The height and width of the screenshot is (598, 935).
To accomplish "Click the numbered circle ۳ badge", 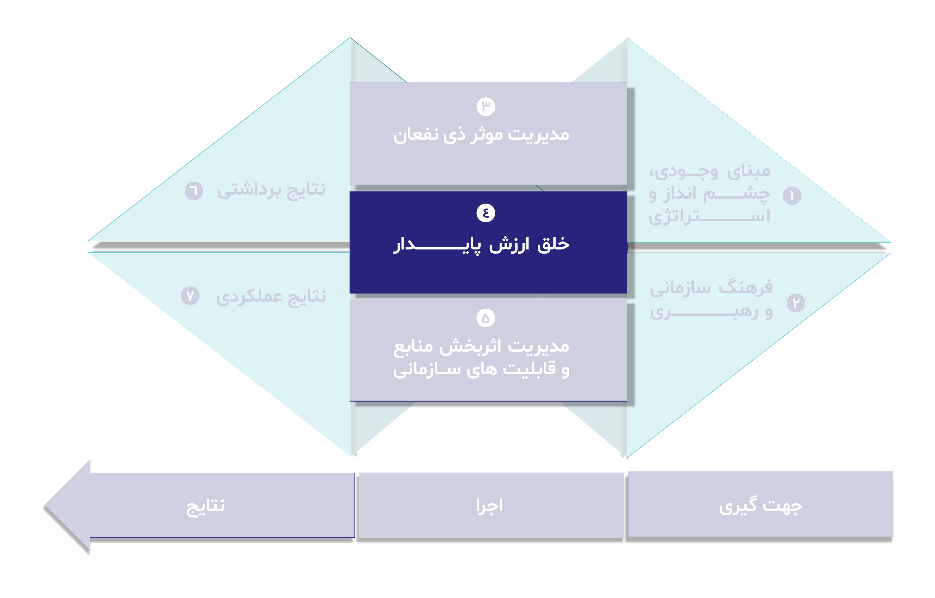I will [485, 107].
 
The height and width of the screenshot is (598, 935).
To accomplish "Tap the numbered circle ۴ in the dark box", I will [485, 213].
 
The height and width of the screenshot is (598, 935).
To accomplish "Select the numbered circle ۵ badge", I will [485, 318].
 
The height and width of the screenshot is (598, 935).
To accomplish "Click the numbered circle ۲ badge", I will [796, 303].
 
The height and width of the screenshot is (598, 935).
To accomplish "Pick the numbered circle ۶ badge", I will [194, 191].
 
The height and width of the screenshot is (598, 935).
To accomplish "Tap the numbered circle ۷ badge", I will [190, 296].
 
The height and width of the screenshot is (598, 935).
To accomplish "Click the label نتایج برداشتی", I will [271, 190].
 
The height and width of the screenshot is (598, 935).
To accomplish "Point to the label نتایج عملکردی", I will [271, 297].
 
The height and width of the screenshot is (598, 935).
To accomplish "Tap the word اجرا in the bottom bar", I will [489, 506].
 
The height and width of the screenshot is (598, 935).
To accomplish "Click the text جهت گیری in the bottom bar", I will [760, 506].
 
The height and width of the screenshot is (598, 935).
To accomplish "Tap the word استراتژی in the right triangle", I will [709, 216].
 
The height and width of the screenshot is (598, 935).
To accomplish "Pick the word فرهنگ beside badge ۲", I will [746, 287].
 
